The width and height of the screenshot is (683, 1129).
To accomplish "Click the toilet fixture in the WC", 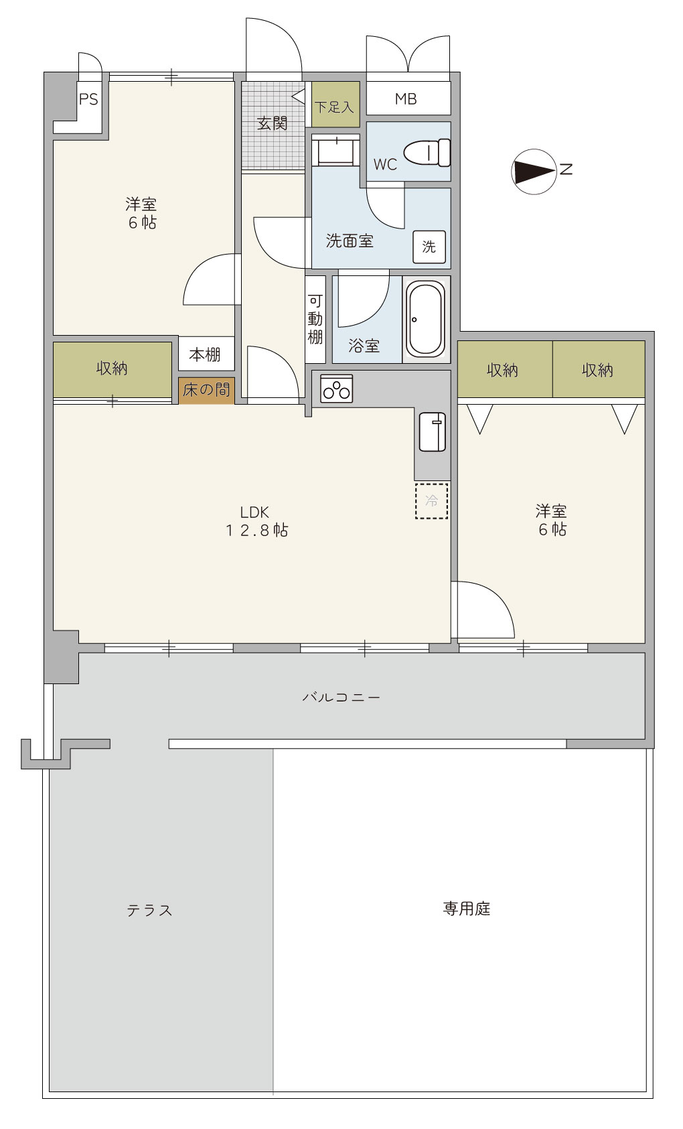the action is coord(427,152).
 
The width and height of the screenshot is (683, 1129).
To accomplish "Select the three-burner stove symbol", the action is coord(336,389).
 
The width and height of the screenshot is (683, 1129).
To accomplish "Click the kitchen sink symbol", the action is coord(432,432).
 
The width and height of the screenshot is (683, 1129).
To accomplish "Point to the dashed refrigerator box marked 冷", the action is coord(432,501).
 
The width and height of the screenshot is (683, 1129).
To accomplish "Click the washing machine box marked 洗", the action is coord(429,247).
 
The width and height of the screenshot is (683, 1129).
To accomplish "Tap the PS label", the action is coord(88,99).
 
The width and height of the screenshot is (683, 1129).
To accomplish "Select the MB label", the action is coord(406,98).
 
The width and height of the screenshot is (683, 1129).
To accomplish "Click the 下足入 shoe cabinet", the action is coord(335,105).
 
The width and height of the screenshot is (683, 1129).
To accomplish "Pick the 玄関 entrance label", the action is coord(272,123).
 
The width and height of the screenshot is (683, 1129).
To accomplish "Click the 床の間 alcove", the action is coord(206,389).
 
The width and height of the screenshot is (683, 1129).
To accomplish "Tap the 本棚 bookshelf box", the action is coord(206,354).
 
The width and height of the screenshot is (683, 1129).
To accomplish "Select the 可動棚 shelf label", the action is coord(315,319).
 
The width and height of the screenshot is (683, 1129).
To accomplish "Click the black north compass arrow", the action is coord(534,172).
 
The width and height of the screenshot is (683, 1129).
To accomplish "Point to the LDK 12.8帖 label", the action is coord(256,521).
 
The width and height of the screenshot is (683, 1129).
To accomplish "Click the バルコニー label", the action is coord(341,697).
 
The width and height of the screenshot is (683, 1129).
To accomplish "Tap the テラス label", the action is coord(149,911).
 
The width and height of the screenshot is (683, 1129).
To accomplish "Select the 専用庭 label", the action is coord(467,909).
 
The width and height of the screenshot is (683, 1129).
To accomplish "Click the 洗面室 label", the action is coord(350,241).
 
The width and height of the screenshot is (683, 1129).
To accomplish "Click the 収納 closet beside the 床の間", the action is coord(112,369).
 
